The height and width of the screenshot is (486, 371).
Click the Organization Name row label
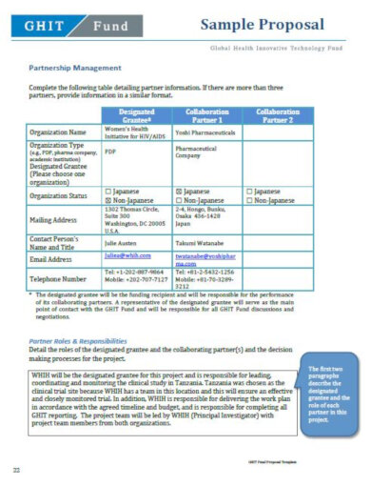(x=59, y=132)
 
